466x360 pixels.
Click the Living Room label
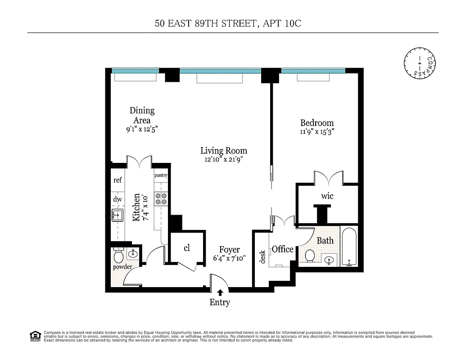click(224, 151)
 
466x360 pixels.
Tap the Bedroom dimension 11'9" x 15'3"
click(317, 132)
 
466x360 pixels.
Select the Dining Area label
click(142, 115)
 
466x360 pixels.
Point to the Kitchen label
click(136, 207)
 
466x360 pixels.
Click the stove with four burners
click(161, 199)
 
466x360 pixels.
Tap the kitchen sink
click(118, 216)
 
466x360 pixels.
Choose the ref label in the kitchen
click(118, 180)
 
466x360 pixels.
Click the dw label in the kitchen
click(118, 199)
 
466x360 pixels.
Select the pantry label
click(161, 175)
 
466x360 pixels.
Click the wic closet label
click(327, 196)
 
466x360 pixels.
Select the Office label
click(282, 249)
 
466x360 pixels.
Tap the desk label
click(262, 257)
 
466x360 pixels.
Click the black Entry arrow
click(220, 292)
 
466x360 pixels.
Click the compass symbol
click(420, 63)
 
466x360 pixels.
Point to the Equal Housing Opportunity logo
click(35, 335)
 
